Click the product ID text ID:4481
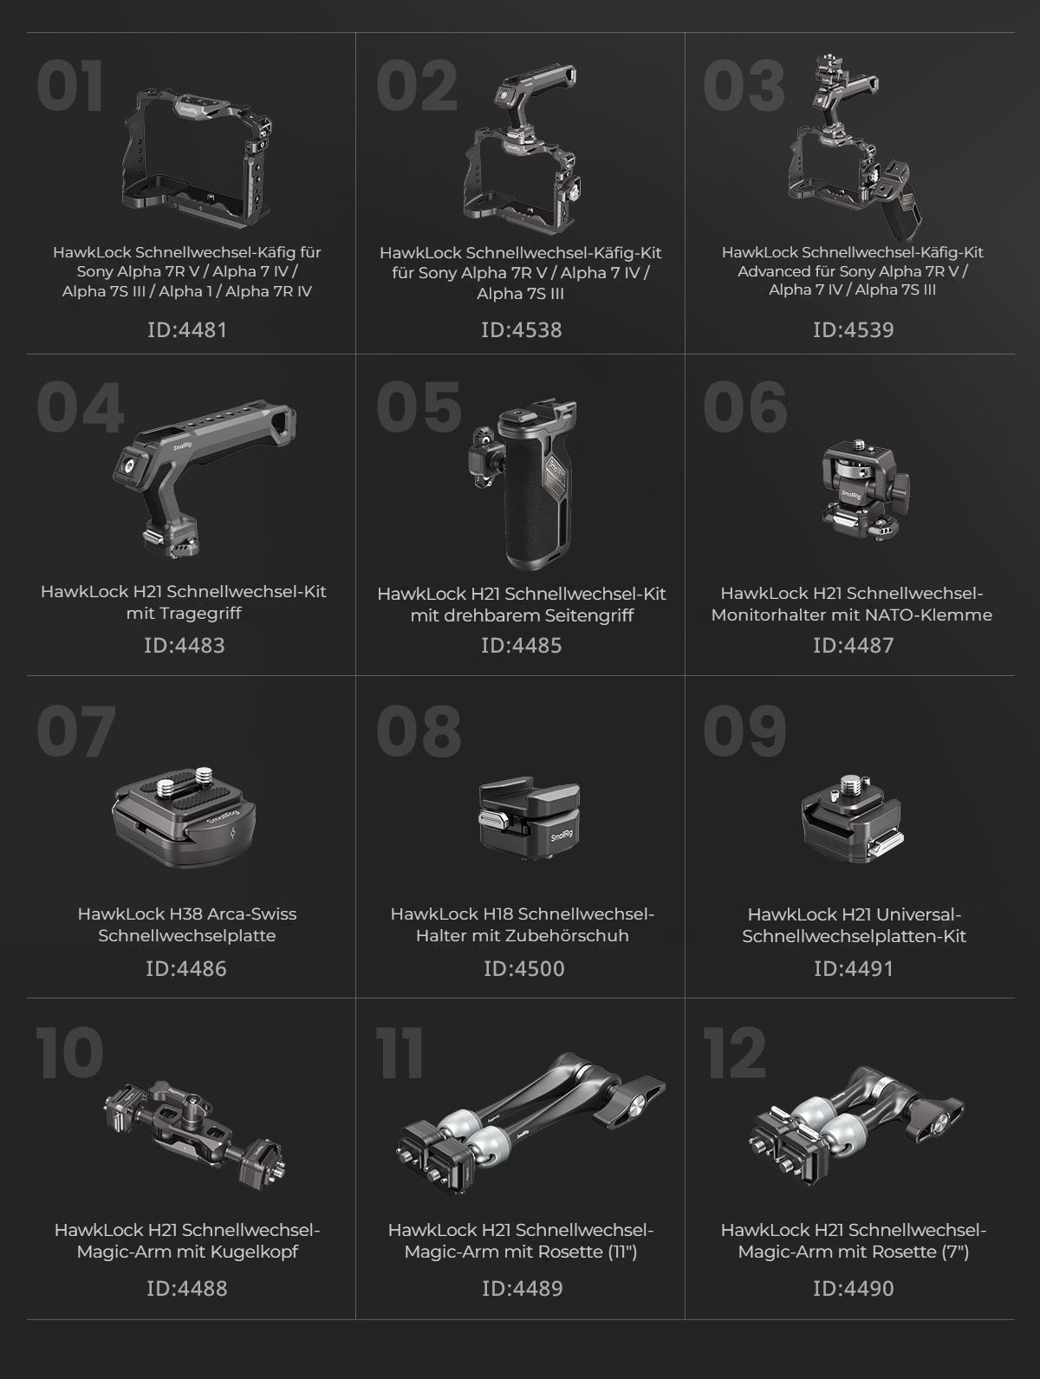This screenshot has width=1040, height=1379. [186, 330]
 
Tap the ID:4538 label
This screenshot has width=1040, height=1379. [521, 330]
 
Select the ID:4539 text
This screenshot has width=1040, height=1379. [853, 330]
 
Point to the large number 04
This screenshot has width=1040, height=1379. [81, 407]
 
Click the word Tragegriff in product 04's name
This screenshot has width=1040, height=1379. [184, 613]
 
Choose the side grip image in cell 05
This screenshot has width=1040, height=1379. [523, 483]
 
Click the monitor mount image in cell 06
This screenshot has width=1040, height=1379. [866, 490]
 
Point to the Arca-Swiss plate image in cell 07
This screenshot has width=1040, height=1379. [184, 816]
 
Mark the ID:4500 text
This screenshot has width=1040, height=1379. [523, 968]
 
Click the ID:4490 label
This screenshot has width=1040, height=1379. [853, 1289]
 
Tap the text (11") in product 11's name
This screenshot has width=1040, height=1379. [622, 1252]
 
